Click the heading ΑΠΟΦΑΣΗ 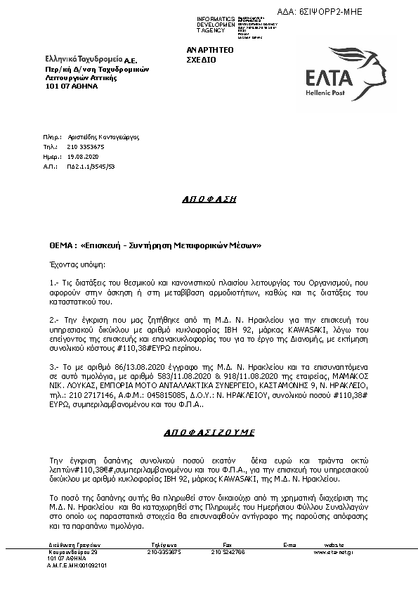209,199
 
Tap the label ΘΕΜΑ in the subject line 57,246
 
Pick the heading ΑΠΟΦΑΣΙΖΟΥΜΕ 209,432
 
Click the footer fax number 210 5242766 228,552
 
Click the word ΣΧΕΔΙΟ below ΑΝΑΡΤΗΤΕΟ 201,60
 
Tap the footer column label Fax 227,545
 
